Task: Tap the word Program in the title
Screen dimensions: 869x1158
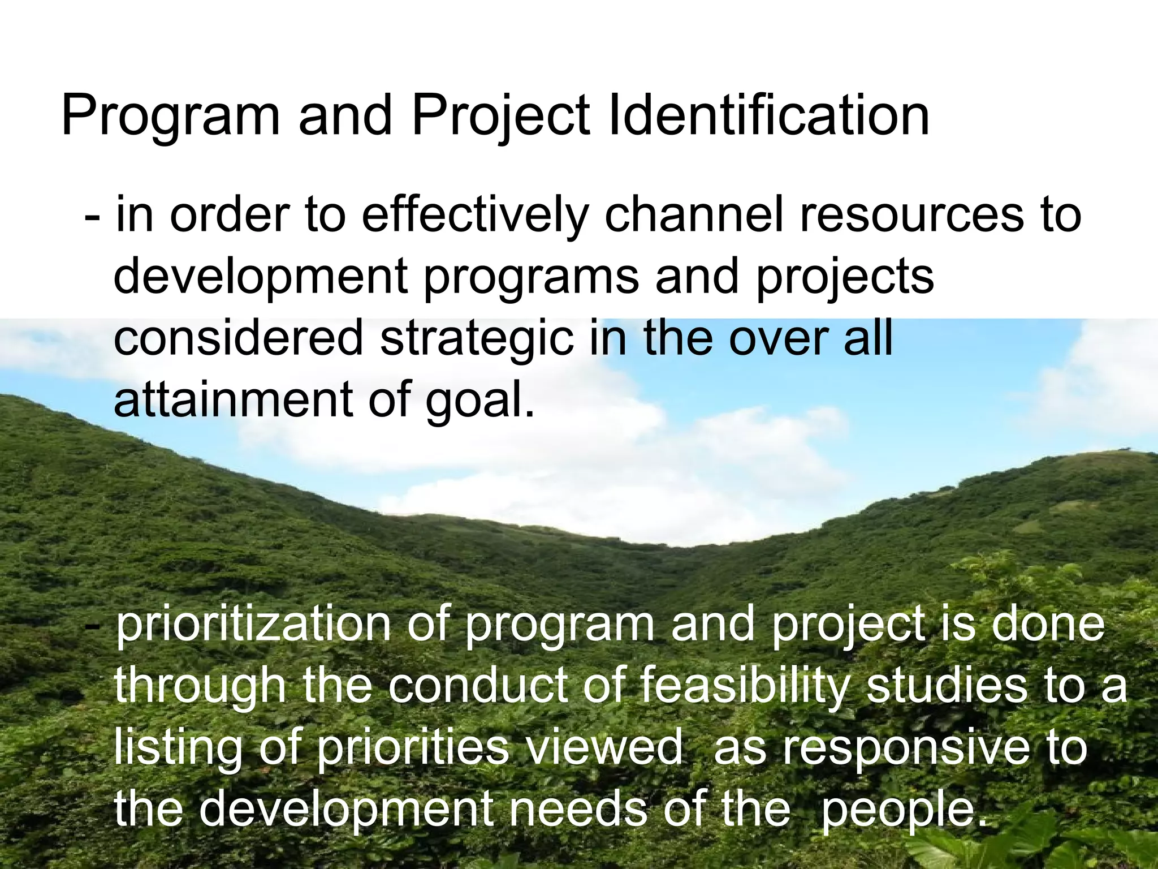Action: pyautogui.click(x=170, y=116)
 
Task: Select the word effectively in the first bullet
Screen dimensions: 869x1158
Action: pyautogui.click(x=474, y=216)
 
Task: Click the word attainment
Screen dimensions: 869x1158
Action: pyautogui.click(x=232, y=399)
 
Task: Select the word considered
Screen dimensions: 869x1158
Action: pyautogui.click(x=238, y=338)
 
